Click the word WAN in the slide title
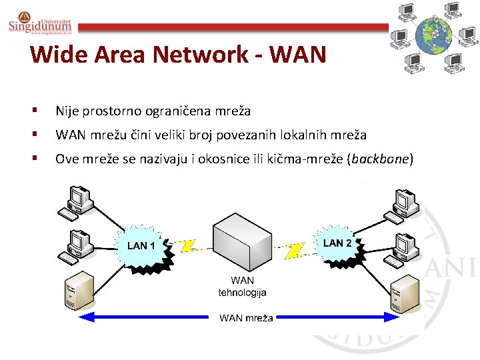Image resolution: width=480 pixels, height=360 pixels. click(294, 54)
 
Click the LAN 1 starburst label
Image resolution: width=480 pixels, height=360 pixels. click(141, 246)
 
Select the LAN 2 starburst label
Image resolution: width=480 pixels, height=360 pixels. click(337, 243)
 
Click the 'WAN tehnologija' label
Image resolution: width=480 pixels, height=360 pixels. click(242, 287)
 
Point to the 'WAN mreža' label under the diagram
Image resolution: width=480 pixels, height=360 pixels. click(246, 318)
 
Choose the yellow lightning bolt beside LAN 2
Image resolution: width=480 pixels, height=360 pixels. click(293, 250)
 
